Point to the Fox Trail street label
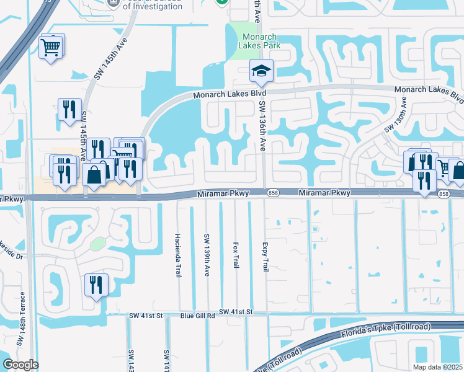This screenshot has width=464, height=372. (x=235, y=255)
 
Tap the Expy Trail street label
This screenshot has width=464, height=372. (x=265, y=255)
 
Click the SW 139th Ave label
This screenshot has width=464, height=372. (x=207, y=250)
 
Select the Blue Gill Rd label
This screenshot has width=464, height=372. (x=197, y=315)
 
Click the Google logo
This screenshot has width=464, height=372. (x=20, y=365)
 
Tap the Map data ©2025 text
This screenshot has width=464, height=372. (x=437, y=367)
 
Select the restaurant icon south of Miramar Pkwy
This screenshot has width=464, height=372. (x=96, y=285)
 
